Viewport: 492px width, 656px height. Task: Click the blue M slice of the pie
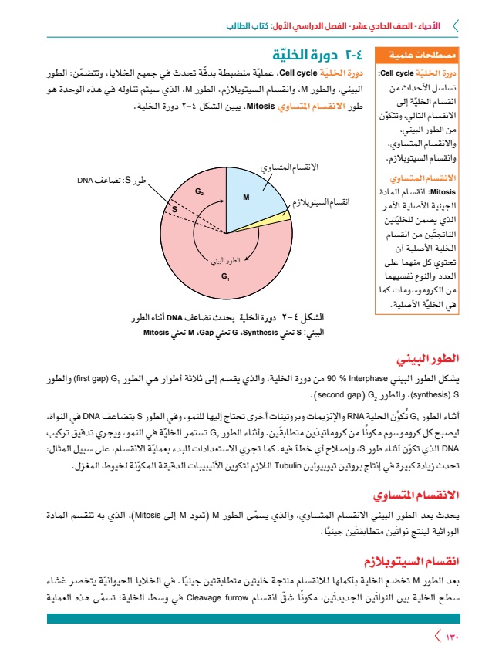tap(248, 198)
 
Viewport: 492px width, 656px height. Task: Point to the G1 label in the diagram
tap(225, 276)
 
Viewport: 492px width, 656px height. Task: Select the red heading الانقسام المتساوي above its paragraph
tap(417, 494)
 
